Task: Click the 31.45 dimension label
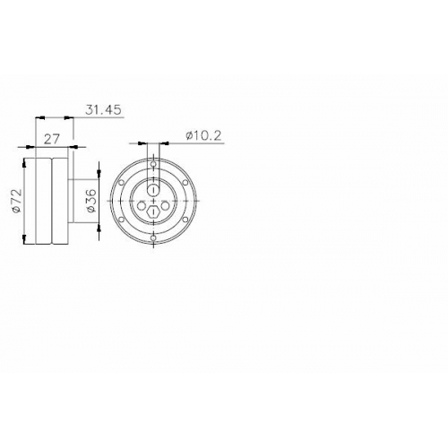point(104,110)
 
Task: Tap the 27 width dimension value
point(52,139)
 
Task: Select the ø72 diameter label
point(17,201)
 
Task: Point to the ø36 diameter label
point(91,201)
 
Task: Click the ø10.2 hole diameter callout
point(203,136)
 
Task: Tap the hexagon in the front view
point(153,211)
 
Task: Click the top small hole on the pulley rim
point(153,164)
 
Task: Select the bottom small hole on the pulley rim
point(153,237)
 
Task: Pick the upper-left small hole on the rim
point(121,183)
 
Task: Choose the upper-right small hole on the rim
point(185,183)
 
